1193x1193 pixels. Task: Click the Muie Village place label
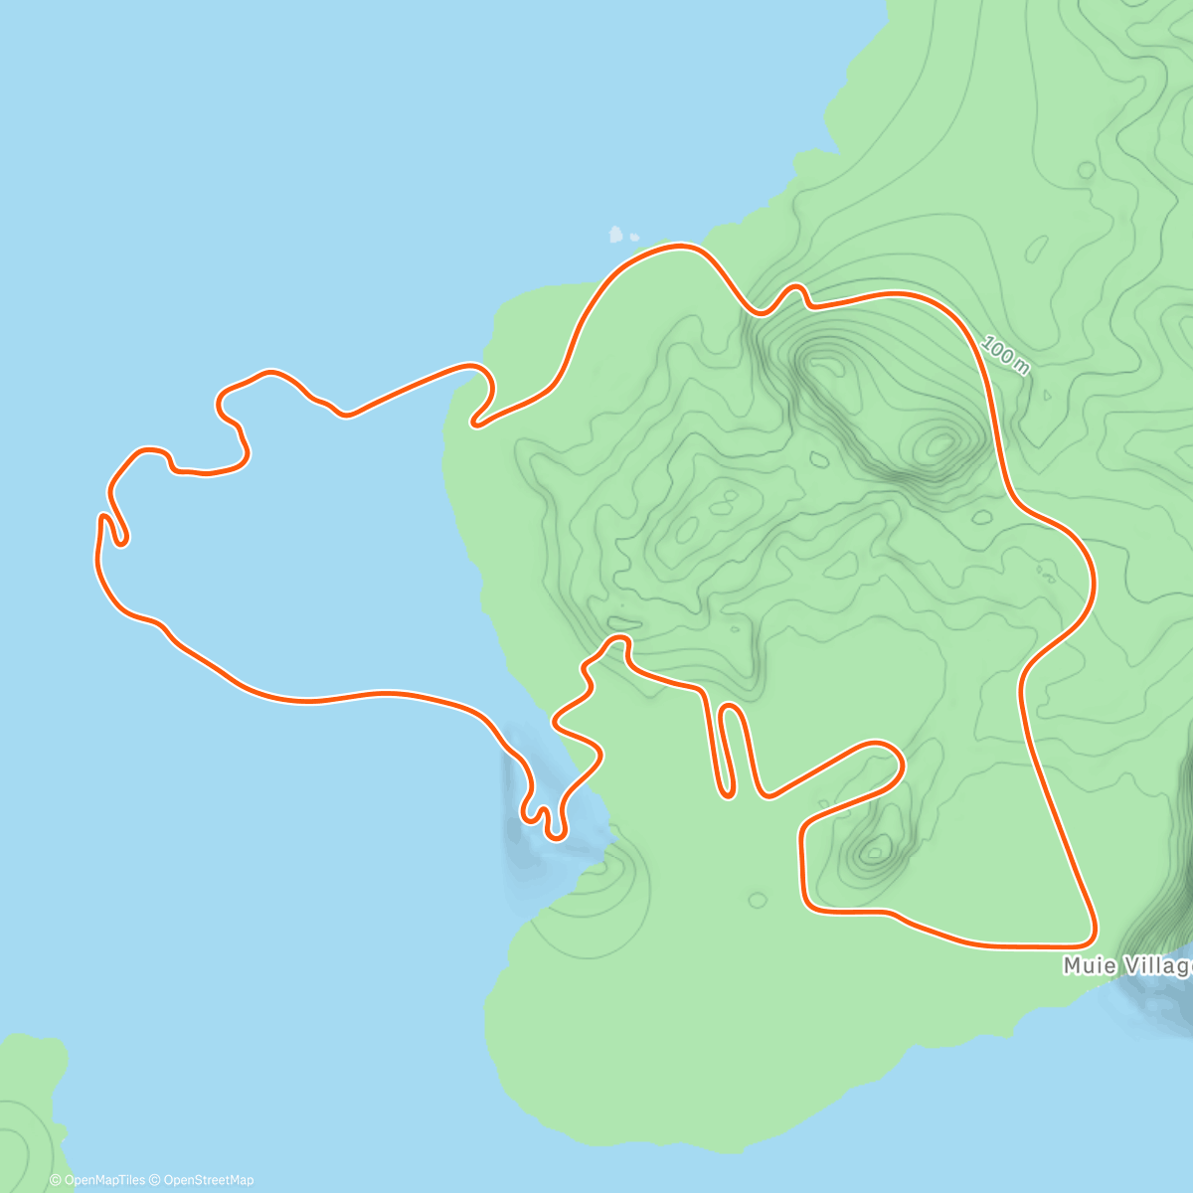(1127, 965)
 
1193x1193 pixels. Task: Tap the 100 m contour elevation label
(1005, 355)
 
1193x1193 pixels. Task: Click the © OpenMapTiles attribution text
(97, 1180)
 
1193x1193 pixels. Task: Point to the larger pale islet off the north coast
(615, 236)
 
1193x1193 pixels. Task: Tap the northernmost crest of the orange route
(682, 245)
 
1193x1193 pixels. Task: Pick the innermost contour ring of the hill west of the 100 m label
(939, 443)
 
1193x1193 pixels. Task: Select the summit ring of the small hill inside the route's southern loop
(876, 850)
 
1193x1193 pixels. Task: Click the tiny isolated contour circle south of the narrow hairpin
(758, 901)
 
